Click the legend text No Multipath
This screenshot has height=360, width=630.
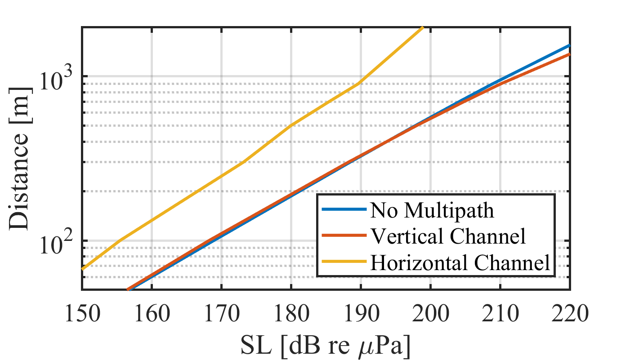click(x=431, y=210)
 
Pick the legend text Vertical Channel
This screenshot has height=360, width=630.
click(x=447, y=236)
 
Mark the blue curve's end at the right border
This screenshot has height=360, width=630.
click(x=569, y=46)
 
